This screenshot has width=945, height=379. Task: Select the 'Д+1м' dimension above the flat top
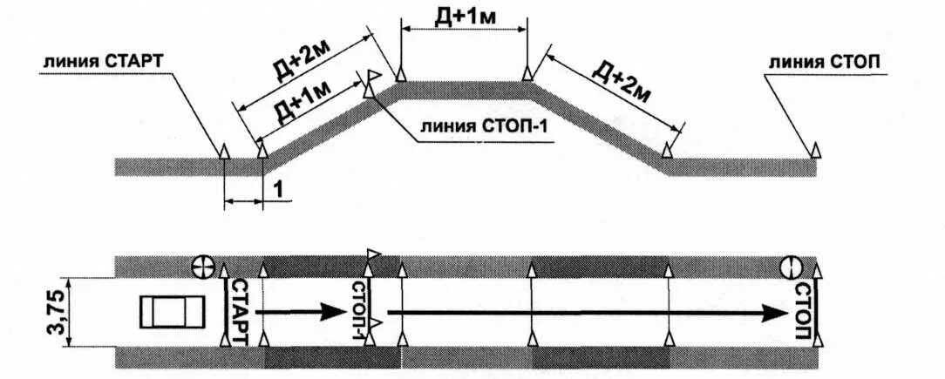point(463,16)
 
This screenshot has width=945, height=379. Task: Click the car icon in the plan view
point(171,310)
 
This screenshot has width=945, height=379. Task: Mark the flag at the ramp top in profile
point(372,78)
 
